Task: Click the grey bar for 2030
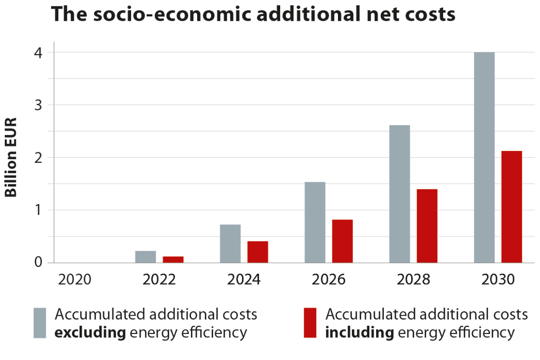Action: pos(484,157)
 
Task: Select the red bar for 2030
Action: pos(512,207)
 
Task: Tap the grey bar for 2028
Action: pos(400,194)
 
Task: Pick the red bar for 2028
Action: pos(427,226)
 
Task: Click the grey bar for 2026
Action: pos(315,222)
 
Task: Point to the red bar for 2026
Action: pos(342,241)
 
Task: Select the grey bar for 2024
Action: pos(230,243)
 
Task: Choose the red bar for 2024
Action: pos(257,252)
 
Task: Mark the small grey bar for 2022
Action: pos(146,257)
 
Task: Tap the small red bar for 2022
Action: pos(173,259)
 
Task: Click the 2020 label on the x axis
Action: pos(74,280)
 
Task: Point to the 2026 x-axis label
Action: pos(328,280)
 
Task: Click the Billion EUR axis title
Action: pos(12,157)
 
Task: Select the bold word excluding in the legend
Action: pos(91,333)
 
